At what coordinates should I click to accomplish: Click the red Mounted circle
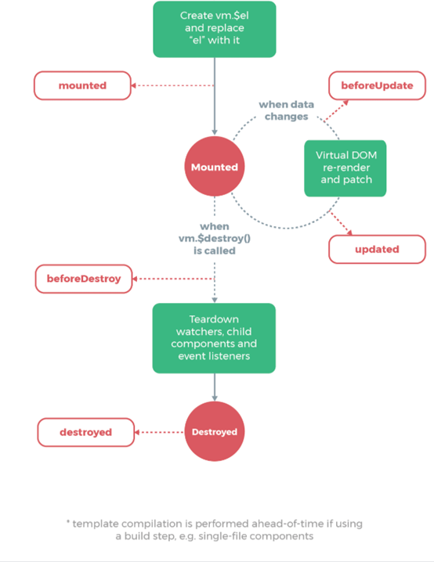pyautogui.click(x=214, y=167)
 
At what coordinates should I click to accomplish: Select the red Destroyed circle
pyautogui.click(x=214, y=431)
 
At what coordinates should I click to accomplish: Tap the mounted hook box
pyautogui.click(x=81, y=85)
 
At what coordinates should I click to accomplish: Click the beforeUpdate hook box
pyautogui.click(x=376, y=85)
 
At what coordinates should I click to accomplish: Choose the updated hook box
pyautogui.click(x=376, y=249)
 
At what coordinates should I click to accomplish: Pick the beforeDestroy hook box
pyautogui.click(x=84, y=278)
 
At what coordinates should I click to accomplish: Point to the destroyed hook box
pyautogui.click(x=85, y=431)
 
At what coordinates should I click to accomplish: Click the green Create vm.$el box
pyautogui.click(x=214, y=29)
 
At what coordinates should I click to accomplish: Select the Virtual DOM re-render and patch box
pyautogui.click(x=345, y=168)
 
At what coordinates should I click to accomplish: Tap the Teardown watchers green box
pyautogui.click(x=214, y=337)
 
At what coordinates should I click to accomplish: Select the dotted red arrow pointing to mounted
pyautogui.click(x=172, y=85)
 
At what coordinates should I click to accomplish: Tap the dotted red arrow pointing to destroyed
pyautogui.click(x=161, y=431)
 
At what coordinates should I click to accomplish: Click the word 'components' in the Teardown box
pyautogui.click(x=225, y=344)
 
